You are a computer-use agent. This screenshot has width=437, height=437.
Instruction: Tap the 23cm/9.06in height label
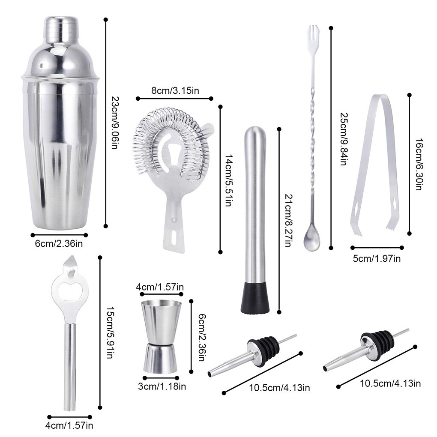click(x=114, y=121)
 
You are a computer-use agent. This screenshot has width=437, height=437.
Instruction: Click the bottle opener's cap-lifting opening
click(x=69, y=290)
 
